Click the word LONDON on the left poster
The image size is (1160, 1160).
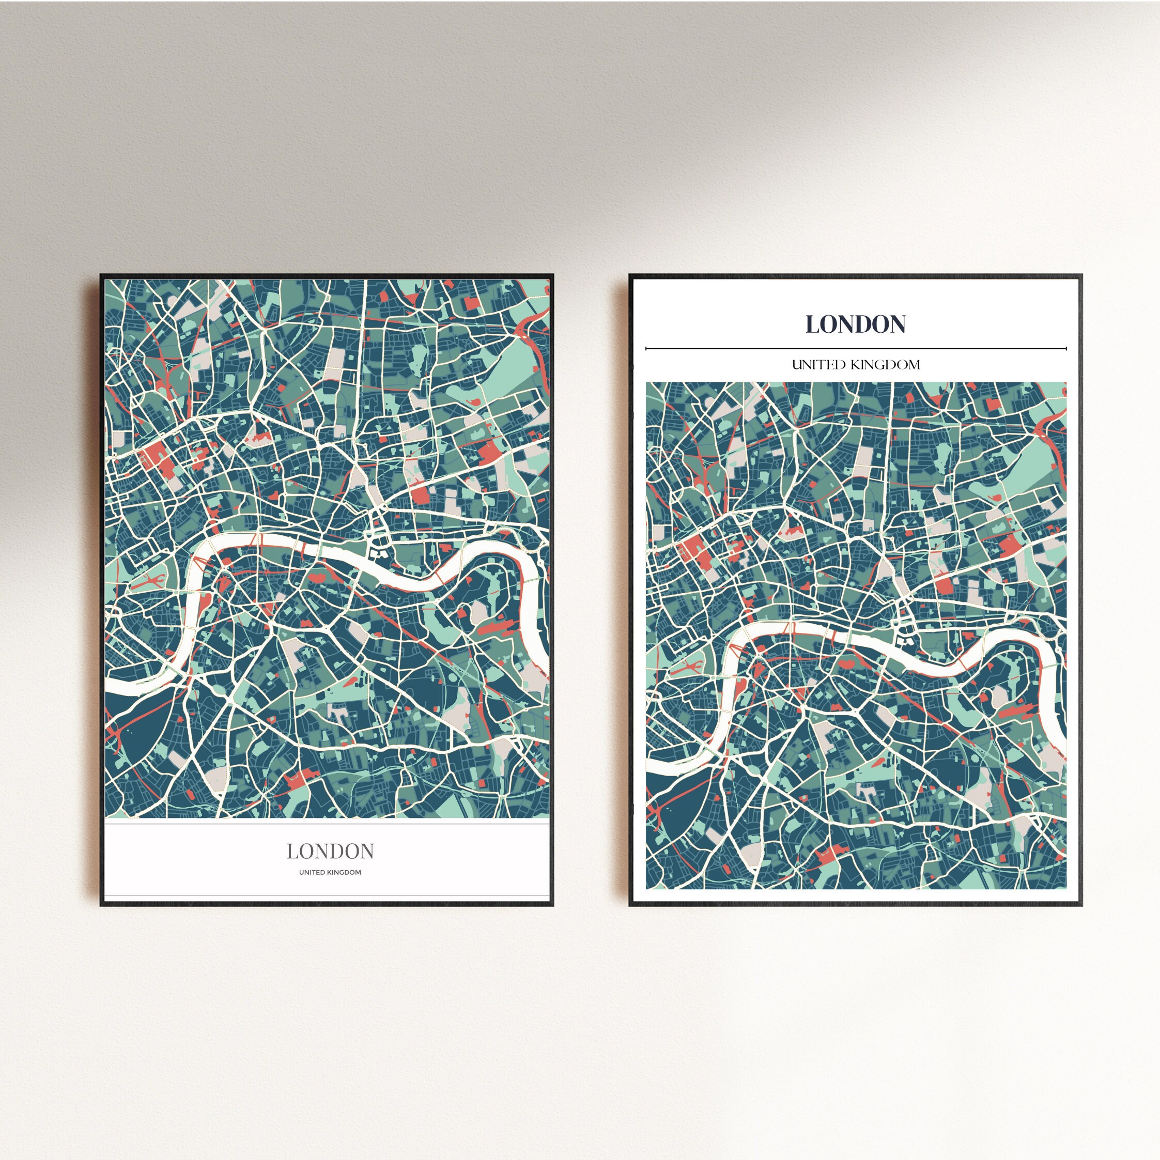330,851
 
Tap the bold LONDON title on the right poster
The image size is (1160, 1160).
856,324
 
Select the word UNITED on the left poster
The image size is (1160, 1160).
313,872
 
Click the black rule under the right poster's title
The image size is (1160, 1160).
856,348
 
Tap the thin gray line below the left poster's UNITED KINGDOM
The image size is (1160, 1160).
327,896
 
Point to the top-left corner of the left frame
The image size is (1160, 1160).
101,275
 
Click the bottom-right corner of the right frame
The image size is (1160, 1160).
1081,905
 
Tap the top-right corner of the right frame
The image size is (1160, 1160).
1081,275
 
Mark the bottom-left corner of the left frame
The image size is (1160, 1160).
101,905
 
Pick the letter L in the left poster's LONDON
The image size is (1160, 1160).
292,851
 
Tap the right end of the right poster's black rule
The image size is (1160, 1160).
1066,348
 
